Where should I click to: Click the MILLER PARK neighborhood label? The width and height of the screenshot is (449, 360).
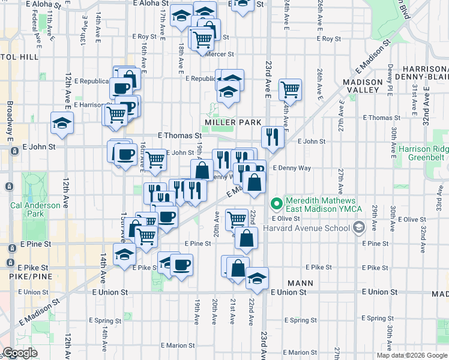234,122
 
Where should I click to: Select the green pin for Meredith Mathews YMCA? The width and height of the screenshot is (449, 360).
277,204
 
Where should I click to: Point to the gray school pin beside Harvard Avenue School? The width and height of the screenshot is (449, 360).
359,227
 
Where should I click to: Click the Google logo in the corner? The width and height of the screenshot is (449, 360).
20,353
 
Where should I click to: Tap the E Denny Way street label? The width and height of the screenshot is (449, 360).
292,168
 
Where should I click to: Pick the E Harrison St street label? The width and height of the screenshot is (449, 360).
90,104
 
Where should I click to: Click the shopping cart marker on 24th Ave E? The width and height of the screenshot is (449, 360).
290,90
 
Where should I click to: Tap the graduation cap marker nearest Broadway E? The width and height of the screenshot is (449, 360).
62,124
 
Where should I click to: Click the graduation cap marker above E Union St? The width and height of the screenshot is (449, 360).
257,278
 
